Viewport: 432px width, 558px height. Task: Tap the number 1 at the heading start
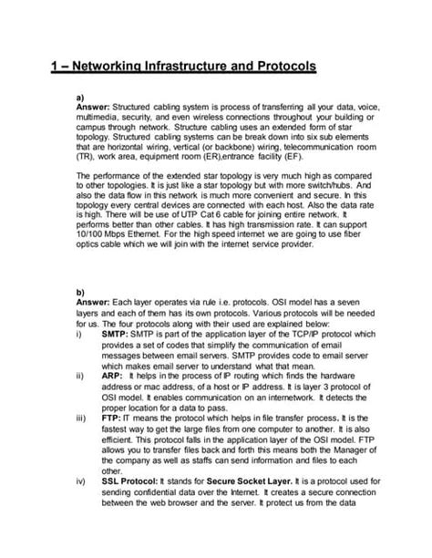53,67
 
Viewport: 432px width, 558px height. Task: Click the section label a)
79,95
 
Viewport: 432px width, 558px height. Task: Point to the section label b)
79,292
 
